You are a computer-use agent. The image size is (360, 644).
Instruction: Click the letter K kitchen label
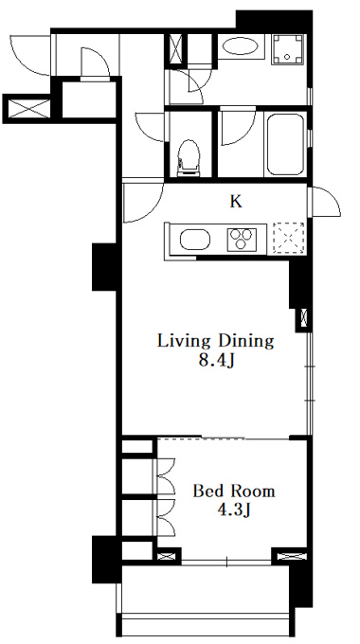pyautogui.click(x=236, y=202)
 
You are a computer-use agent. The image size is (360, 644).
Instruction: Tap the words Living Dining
pyautogui.click(x=215, y=341)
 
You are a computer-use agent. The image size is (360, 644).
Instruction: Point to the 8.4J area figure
pyautogui.click(x=216, y=361)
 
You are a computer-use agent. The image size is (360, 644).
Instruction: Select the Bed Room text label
pyautogui.click(x=234, y=491)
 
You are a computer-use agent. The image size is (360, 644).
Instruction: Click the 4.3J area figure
pyautogui.click(x=234, y=510)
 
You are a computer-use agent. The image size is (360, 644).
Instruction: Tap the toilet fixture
pyautogui.click(x=189, y=158)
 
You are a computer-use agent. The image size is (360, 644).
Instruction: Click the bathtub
pyautogui.click(x=285, y=144)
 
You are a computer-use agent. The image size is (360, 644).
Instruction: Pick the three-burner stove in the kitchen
pyautogui.click(x=242, y=240)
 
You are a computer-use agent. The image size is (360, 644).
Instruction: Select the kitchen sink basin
pyautogui.click(x=195, y=240)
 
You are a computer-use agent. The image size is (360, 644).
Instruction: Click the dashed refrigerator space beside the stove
pyautogui.click(x=289, y=239)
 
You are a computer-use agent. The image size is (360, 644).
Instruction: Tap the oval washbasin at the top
pyautogui.click(x=241, y=46)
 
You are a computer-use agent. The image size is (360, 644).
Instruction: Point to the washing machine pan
pyautogui.click(x=288, y=49)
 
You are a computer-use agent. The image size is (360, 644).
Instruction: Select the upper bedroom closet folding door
pyautogui.click(x=166, y=476)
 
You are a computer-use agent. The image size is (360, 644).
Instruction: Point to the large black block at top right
pyautogui.click(x=274, y=20)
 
